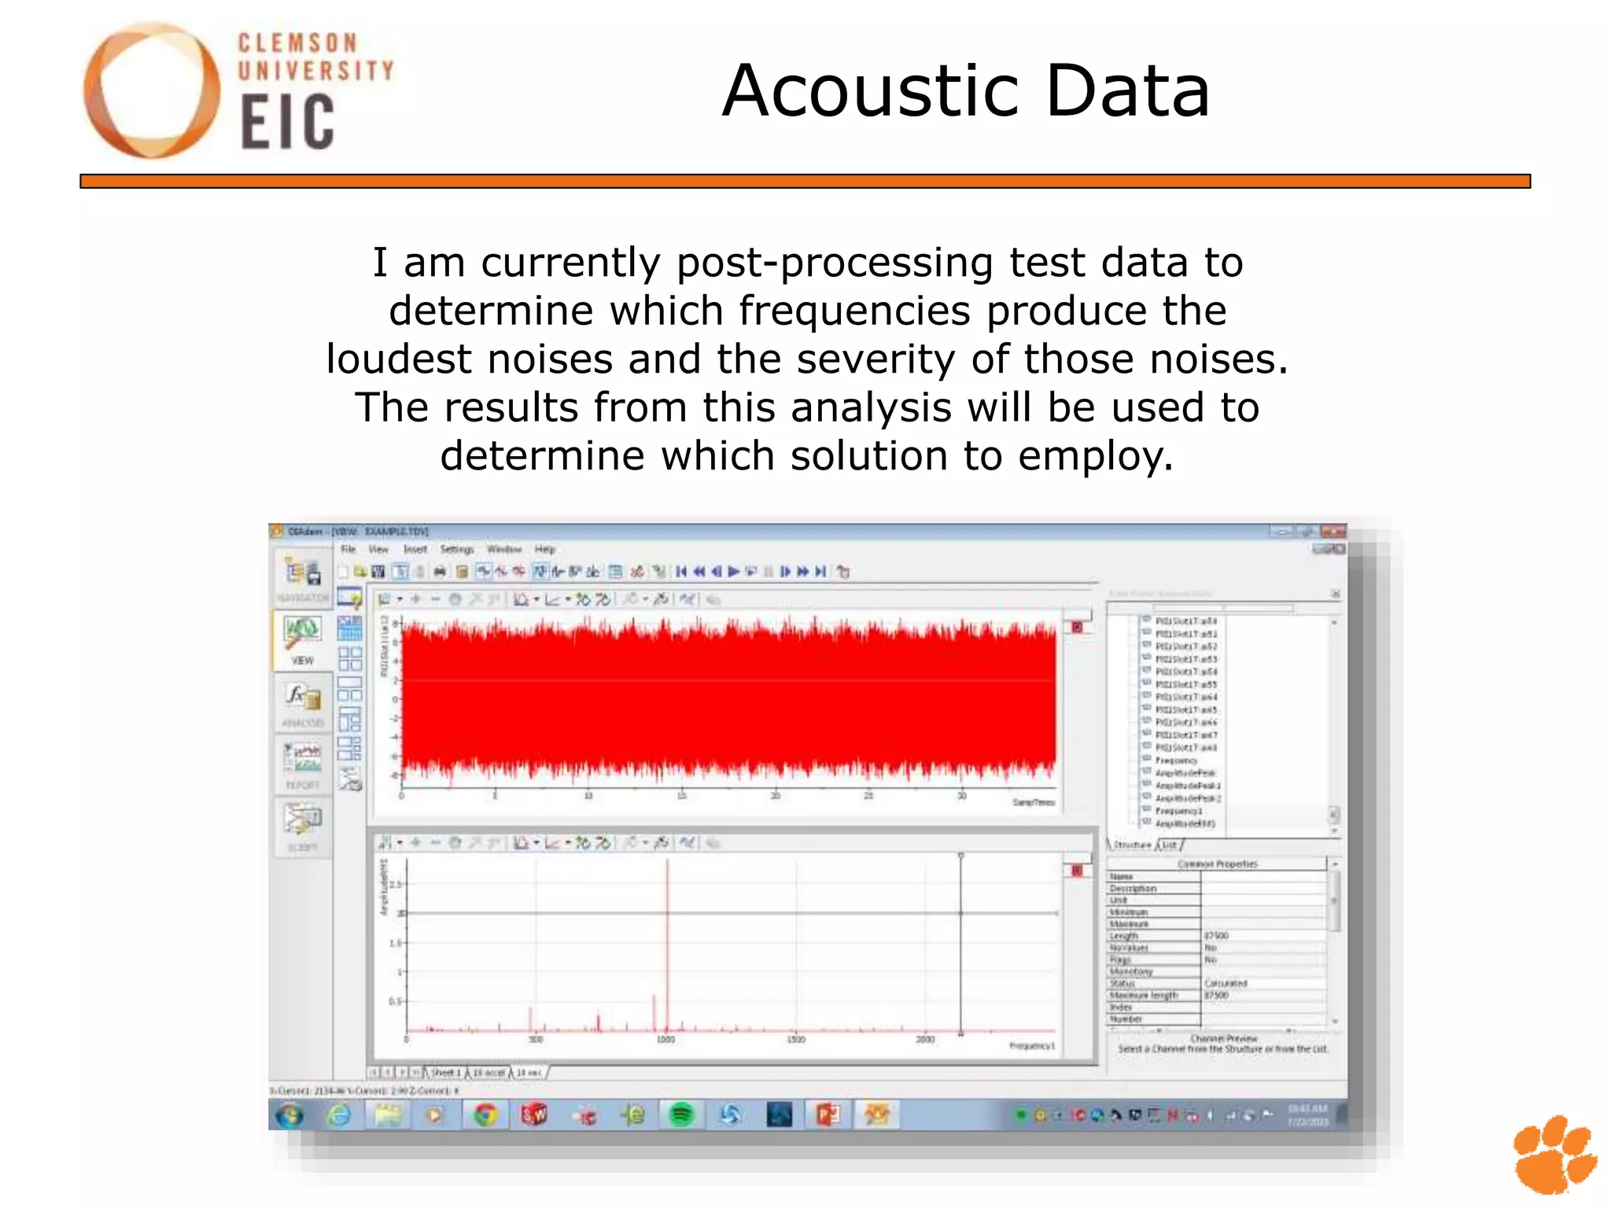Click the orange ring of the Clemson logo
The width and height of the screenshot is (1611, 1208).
(102, 90)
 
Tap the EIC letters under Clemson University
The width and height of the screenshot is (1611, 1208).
(287, 123)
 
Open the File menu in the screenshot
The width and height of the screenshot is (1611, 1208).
(348, 549)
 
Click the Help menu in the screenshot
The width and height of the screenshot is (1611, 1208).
(545, 549)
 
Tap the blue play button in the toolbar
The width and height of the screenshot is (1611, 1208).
(734, 572)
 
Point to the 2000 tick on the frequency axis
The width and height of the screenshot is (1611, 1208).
(925, 1040)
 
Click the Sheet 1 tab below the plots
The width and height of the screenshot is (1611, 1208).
(445, 1072)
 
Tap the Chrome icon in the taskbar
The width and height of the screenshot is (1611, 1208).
(485, 1114)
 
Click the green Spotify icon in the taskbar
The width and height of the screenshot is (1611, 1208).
(681, 1114)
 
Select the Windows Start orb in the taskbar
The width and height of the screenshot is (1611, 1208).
(290, 1114)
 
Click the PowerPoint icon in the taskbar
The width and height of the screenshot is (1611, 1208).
(828, 1114)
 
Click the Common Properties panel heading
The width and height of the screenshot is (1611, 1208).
(1217, 864)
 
